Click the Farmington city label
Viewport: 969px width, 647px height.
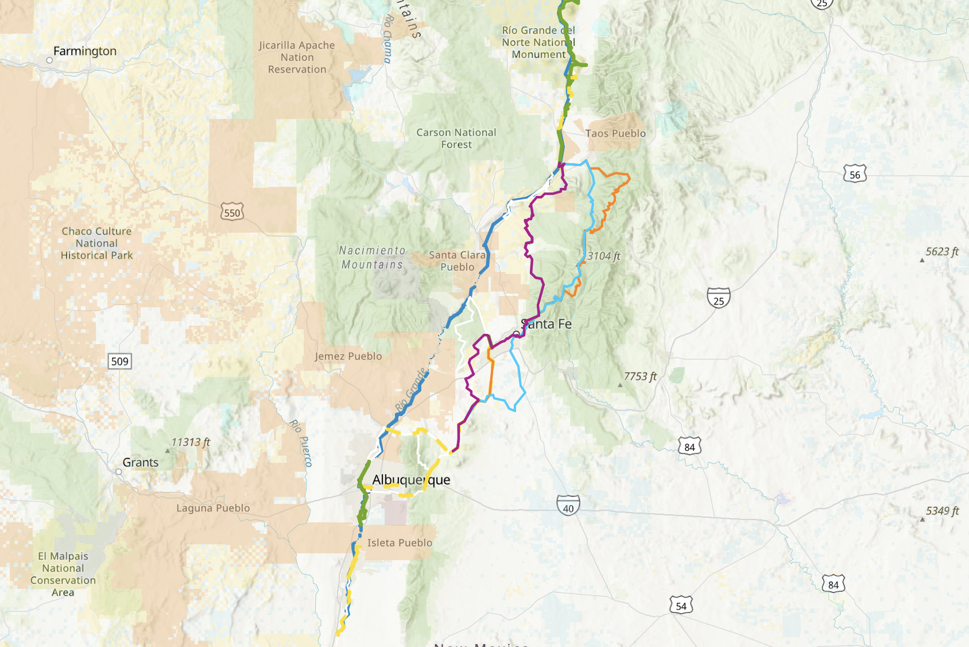tap(85, 51)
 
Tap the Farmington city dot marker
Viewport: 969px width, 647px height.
tap(49, 60)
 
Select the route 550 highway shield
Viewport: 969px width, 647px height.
tap(232, 213)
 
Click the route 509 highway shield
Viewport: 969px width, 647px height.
tap(119, 361)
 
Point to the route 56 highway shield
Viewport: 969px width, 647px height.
tap(855, 174)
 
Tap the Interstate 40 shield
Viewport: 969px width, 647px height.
tap(568, 506)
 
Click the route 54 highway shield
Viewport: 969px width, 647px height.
tap(681, 606)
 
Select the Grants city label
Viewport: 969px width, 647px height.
tap(140, 463)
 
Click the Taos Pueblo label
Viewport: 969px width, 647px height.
tap(615, 133)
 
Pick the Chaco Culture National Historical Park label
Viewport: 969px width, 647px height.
tap(96, 243)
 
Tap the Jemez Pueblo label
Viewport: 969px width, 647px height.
tap(348, 356)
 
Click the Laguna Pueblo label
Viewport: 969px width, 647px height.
tap(213, 508)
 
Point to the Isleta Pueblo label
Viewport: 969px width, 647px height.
tap(400, 542)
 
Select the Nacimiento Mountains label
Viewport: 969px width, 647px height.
tap(372, 257)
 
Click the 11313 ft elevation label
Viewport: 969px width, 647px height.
tap(191, 442)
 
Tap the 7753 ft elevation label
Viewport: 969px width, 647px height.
tap(639, 376)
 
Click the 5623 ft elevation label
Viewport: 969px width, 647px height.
tap(941, 252)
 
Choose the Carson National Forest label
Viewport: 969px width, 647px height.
tap(456, 138)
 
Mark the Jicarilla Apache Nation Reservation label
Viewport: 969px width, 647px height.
tap(297, 57)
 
